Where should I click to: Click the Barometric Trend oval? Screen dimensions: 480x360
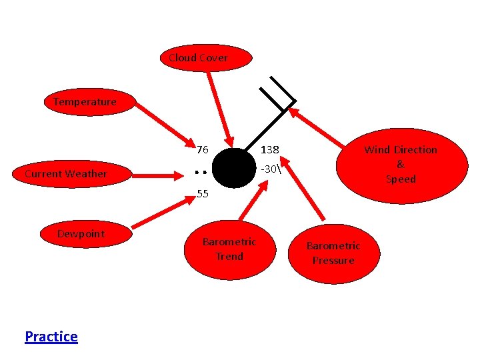pos(229,249)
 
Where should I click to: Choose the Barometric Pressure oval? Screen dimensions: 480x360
pos(333,253)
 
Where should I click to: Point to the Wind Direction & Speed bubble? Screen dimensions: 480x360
pos(400,165)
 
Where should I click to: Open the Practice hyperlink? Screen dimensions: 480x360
pos(51,337)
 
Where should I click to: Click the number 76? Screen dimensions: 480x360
pos(203,149)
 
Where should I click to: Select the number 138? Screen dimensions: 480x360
pos(269,149)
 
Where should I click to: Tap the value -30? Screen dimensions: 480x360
pos(269,169)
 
